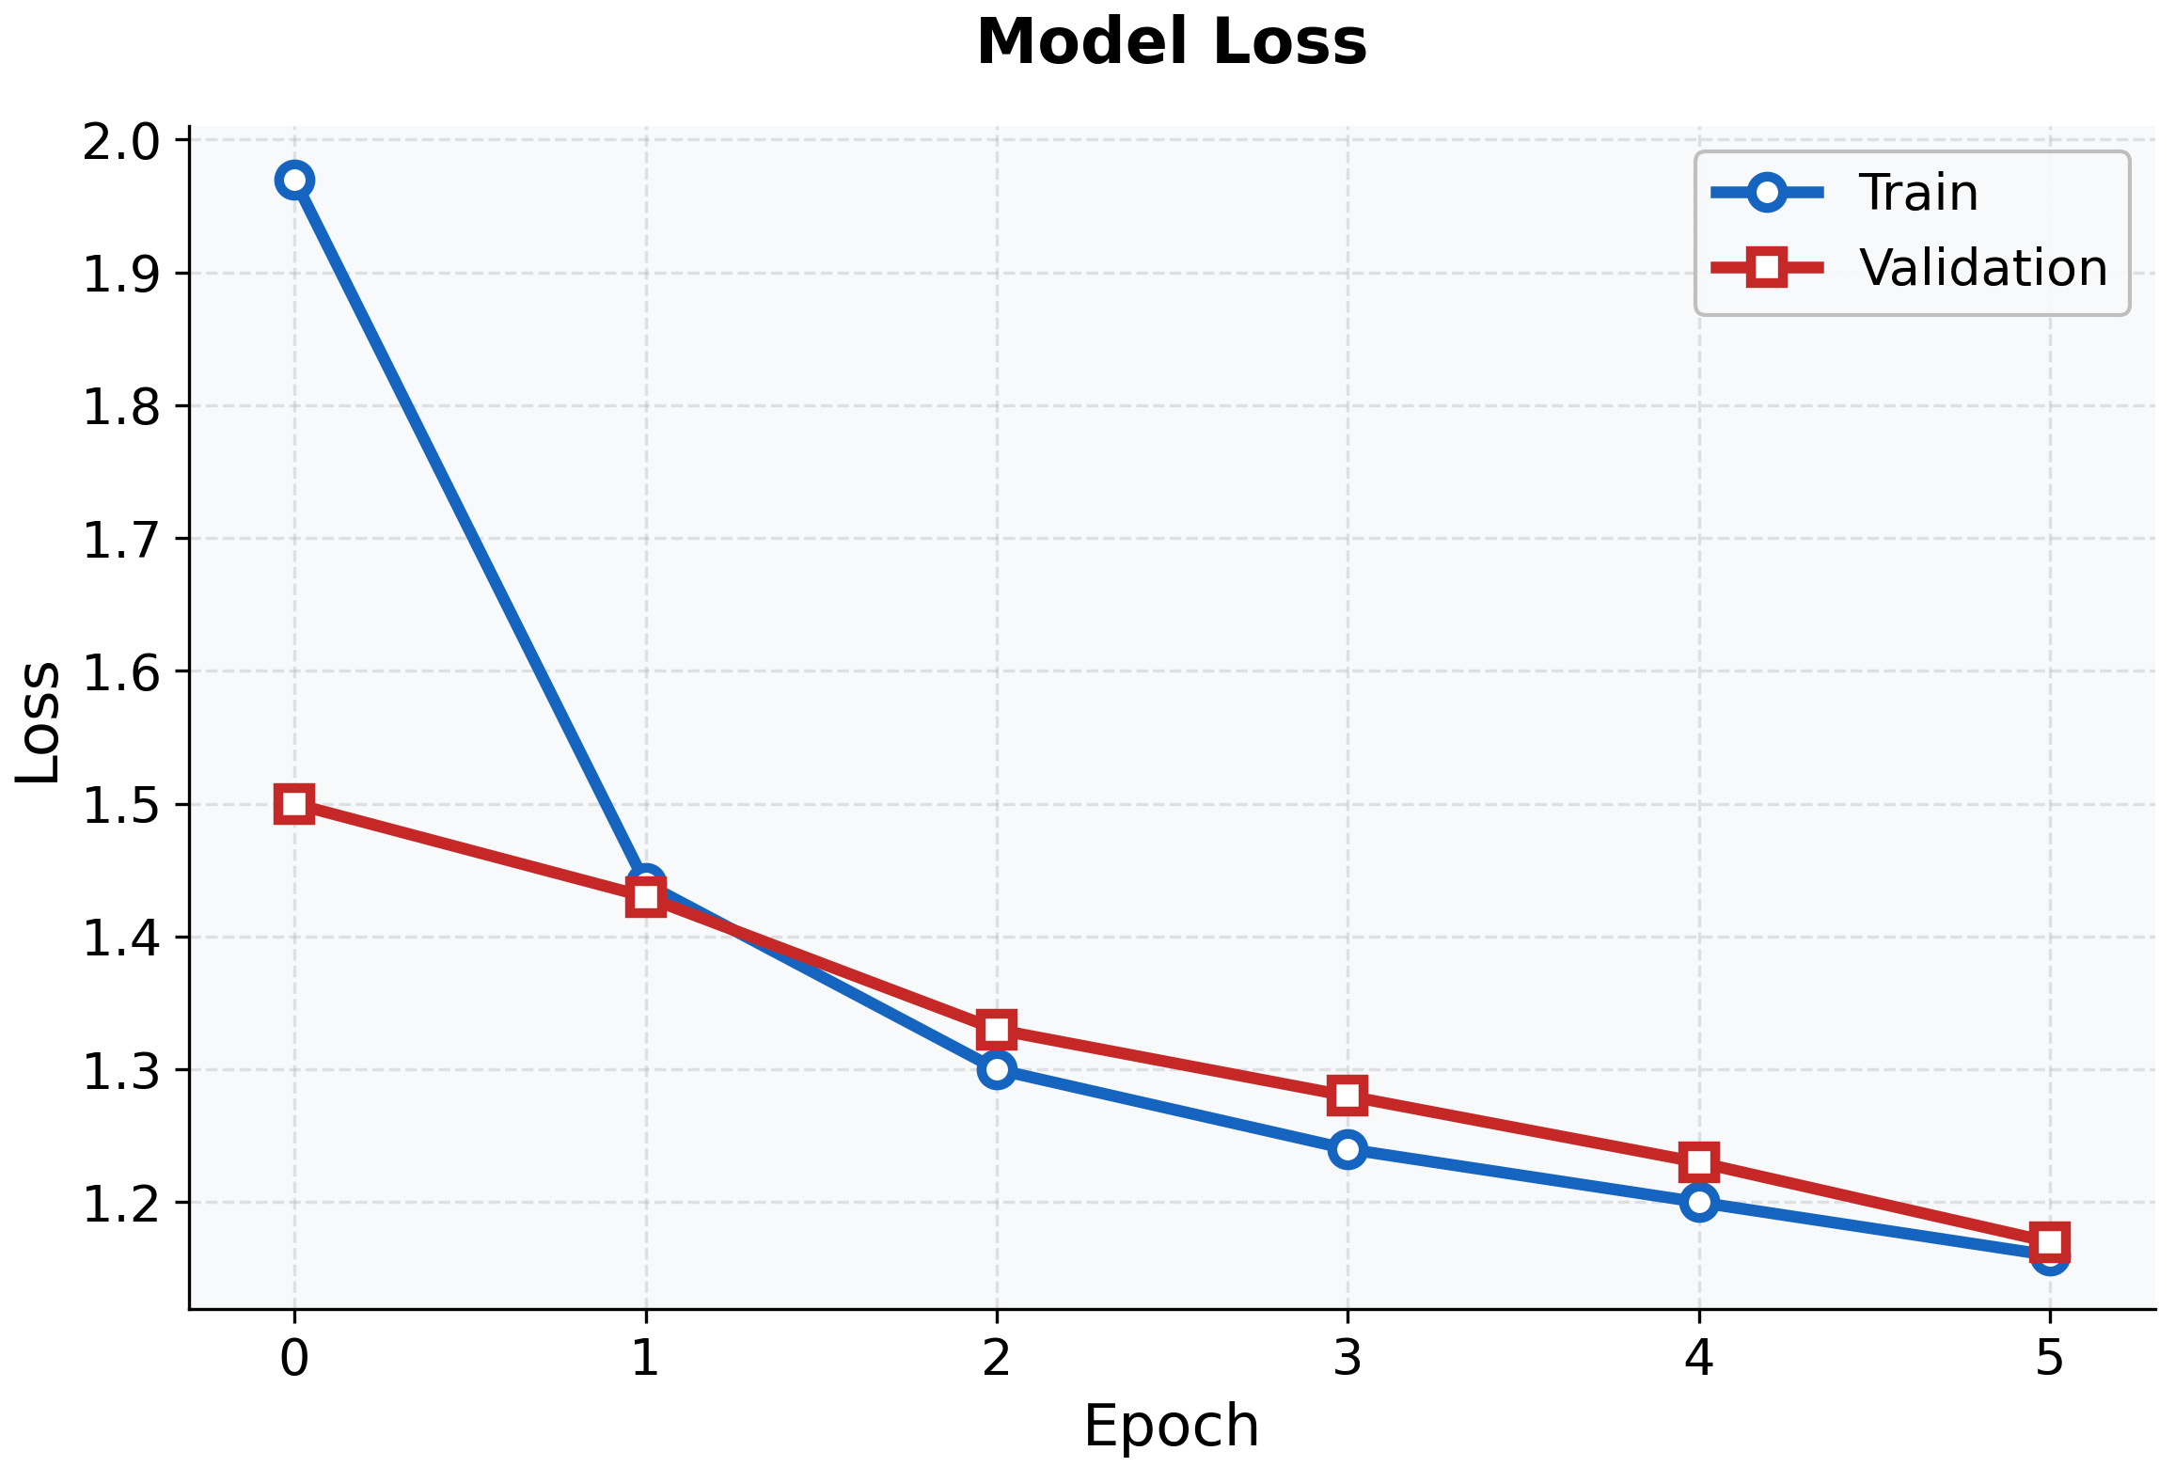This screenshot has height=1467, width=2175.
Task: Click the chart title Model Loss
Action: pyautogui.click(x=1171, y=43)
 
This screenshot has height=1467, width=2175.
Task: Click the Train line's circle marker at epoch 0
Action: pyautogui.click(x=294, y=180)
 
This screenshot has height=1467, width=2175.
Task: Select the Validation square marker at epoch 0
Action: pyautogui.click(x=294, y=804)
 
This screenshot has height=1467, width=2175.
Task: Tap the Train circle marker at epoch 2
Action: pyautogui.click(x=996, y=1069)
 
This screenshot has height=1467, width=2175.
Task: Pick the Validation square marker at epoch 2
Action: pyautogui.click(x=996, y=1030)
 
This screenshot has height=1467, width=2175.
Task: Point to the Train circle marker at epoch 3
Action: pyautogui.click(x=1348, y=1149)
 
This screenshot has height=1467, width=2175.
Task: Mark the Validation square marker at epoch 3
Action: pyautogui.click(x=1348, y=1096)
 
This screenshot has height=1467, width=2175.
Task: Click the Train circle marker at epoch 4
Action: pyautogui.click(x=1698, y=1202)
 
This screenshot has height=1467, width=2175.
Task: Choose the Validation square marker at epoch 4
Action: pyautogui.click(x=1698, y=1162)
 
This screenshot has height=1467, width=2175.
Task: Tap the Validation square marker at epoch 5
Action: pyautogui.click(x=2050, y=1241)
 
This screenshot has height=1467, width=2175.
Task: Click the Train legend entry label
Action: pyautogui.click(x=1918, y=193)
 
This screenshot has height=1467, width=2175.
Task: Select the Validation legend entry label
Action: pyautogui.click(x=1982, y=268)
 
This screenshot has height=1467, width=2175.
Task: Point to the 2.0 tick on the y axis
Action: pyautogui.click(x=122, y=141)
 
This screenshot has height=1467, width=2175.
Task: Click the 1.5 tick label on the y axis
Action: pyautogui.click(x=122, y=805)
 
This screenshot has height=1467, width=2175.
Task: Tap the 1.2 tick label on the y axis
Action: pyautogui.click(x=122, y=1203)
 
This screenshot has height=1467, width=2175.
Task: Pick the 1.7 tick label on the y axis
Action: pyautogui.click(x=122, y=540)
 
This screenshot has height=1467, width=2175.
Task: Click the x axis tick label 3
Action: pyautogui.click(x=1348, y=1358)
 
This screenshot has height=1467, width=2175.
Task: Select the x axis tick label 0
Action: pyautogui.click(x=294, y=1358)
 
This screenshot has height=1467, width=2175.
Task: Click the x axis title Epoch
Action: pyautogui.click(x=1171, y=1426)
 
